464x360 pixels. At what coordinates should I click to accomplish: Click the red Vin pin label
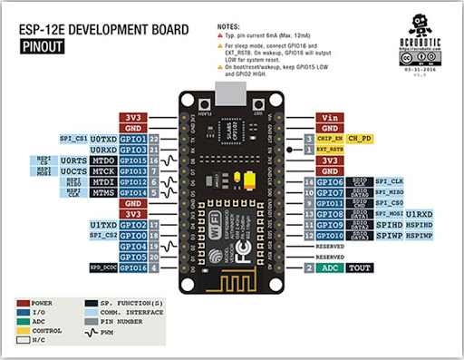328,118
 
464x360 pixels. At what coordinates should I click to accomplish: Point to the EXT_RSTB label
330,149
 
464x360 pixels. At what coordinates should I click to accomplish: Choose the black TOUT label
359,269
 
